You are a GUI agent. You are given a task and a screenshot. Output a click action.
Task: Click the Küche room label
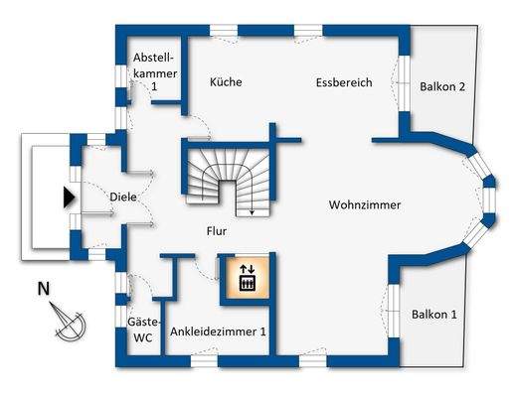point(227,82)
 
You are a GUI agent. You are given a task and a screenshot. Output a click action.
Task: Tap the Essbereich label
point(344,82)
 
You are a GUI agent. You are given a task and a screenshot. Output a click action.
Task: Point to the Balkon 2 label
point(442,86)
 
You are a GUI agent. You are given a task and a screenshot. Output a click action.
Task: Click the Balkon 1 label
point(434,315)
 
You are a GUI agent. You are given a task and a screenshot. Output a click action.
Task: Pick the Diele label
point(123,197)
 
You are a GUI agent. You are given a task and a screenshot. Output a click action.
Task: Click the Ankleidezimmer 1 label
point(218,331)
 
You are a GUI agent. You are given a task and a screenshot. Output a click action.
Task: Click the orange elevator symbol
point(247,278)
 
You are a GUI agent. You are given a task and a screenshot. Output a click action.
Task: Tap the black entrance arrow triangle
point(69,197)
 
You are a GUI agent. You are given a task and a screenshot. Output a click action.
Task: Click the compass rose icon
point(71,324)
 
